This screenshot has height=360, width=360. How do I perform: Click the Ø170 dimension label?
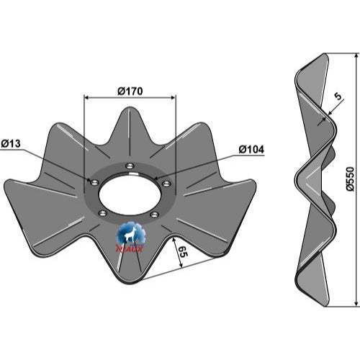[130, 91]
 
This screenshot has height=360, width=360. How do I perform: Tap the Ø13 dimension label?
[11, 144]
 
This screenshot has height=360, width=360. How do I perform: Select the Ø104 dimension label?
[251, 150]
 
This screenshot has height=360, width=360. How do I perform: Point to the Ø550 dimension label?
[350, 179]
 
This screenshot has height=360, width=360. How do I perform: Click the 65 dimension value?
[184, 251]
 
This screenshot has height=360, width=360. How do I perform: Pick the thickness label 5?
[338, 96]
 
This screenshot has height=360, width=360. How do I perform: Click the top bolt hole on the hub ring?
[130, 166]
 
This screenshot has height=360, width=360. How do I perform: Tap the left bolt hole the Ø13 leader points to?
[94, 183]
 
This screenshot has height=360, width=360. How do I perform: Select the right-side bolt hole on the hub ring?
[166, 184]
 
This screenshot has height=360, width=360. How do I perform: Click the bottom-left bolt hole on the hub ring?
[103, 212]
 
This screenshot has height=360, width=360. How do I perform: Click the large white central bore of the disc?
[130, 194]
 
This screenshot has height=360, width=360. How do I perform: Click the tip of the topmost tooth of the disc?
[130, 107]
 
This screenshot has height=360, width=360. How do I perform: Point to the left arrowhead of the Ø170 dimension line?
[86, 97]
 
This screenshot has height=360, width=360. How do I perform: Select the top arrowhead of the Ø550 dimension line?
[356, 56]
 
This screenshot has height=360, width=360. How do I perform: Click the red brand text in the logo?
[130, 249]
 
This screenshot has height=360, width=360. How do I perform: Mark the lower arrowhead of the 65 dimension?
[181, 265]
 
